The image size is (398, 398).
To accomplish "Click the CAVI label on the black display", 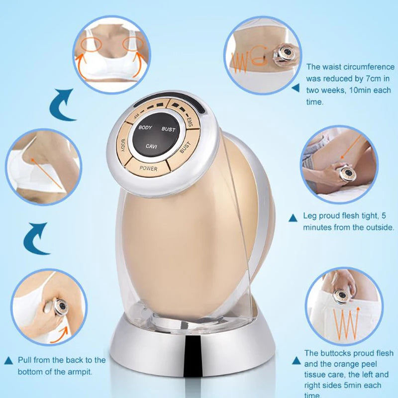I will point(152,146).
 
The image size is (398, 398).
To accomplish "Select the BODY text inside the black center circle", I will point(145,128).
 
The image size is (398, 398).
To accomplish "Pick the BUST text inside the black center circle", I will point(168,129).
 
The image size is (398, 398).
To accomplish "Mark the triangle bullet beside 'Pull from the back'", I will point(8,360).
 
